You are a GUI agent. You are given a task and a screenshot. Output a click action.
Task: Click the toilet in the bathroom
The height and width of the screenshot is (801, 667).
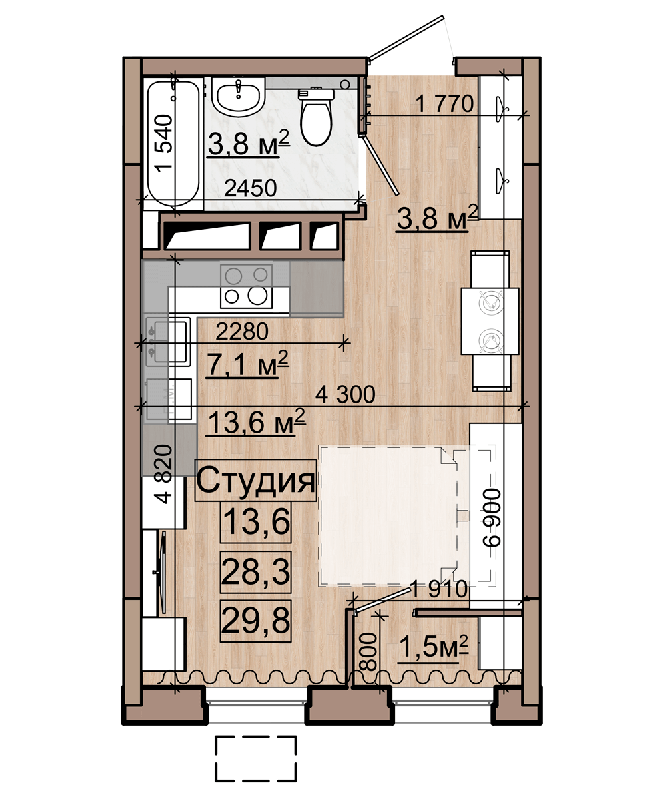coord(315,117)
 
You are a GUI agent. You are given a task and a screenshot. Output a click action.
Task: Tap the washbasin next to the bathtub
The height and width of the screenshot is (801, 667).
coord(238,96)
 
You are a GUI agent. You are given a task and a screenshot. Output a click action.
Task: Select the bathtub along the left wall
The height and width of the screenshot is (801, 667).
coord(173,143)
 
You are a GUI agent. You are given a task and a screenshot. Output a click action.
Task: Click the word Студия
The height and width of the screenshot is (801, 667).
coord(255,481)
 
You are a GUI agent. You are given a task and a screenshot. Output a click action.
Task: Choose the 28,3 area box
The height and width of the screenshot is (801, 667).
coord(255,572)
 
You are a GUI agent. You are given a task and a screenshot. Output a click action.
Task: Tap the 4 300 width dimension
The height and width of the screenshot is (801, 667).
coord(345,394)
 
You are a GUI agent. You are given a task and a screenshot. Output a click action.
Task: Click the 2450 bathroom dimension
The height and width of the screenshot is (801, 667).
coord(250,188)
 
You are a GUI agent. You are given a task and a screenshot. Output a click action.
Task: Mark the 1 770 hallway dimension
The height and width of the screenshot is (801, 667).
coord(444,104)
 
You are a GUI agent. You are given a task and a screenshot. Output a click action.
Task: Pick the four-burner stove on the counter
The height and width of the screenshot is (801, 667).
coord(246,286)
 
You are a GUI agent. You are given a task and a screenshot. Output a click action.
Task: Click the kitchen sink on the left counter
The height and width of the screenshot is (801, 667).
coord(168,341)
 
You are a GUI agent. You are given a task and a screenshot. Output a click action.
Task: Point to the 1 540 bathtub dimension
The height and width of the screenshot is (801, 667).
coord(163,143)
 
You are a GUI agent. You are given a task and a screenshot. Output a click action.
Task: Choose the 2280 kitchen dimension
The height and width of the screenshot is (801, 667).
coord(242,332)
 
